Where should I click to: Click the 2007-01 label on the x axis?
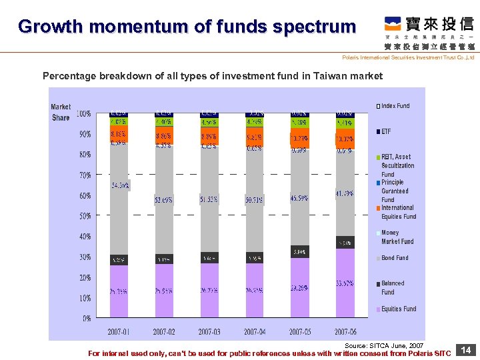click(119, 331)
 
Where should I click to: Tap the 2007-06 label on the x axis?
click(345, 331)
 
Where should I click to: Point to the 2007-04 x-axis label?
click(255, 331)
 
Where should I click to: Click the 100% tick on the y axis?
click(83, 114)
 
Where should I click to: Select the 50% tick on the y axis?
click(85, 216)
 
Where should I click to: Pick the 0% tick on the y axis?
click(87, 318)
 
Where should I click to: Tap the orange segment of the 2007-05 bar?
click(300, 139)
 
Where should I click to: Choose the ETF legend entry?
click(386, 131)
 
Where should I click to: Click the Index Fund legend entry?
click(395, 106)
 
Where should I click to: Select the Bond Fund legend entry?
click(395, 258)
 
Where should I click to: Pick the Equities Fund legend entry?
click(398, 309)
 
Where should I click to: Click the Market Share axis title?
click(61, 112)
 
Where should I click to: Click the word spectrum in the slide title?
click(318, 27)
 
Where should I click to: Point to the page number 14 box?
click(467, 350)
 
